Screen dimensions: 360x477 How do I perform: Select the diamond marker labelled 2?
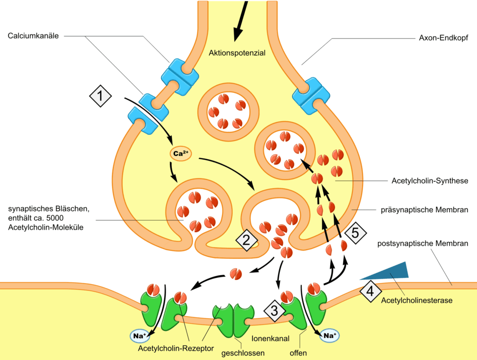(x=246, y=239)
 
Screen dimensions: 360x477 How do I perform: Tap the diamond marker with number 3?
(x=275, y=310)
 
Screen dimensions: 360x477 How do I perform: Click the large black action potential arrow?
(x=240, y=22)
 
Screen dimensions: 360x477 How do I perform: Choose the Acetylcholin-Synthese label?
(x=430, y=180)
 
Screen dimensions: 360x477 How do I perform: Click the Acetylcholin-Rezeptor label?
(x=176, y=348)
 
